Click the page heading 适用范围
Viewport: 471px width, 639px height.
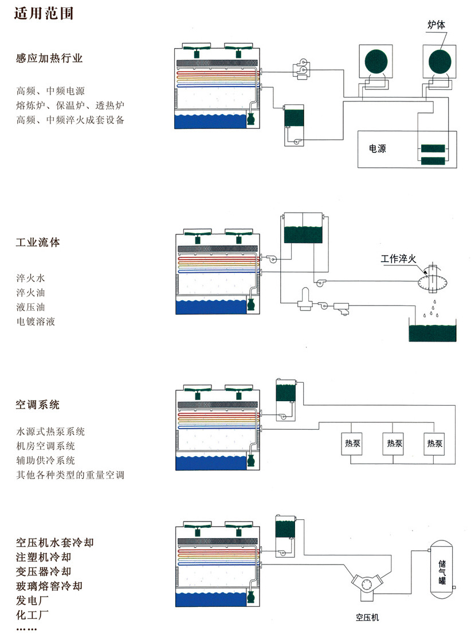tap(44, 13)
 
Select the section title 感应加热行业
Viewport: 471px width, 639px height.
tap(50, 58)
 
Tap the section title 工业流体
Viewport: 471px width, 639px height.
tap(38, 242)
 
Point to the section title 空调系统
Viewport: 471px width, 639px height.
tap(38, 405)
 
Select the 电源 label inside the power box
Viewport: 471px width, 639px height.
tap(377, 149)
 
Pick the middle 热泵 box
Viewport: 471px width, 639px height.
tap(394, 444)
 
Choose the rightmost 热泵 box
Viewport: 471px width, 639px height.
tap(435, 444)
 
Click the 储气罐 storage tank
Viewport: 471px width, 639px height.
tap(441, 567)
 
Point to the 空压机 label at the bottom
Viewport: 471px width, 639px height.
tap(367, 617)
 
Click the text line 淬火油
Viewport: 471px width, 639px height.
tap(30, 293)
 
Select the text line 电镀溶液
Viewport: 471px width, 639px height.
tap(36, 322)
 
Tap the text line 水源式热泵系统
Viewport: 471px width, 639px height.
tap(50, 432)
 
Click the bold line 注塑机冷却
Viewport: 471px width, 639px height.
tap(44, 557)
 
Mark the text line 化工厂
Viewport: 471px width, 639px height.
tap(33, 616)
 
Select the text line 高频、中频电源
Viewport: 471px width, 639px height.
tap(50, 91)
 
